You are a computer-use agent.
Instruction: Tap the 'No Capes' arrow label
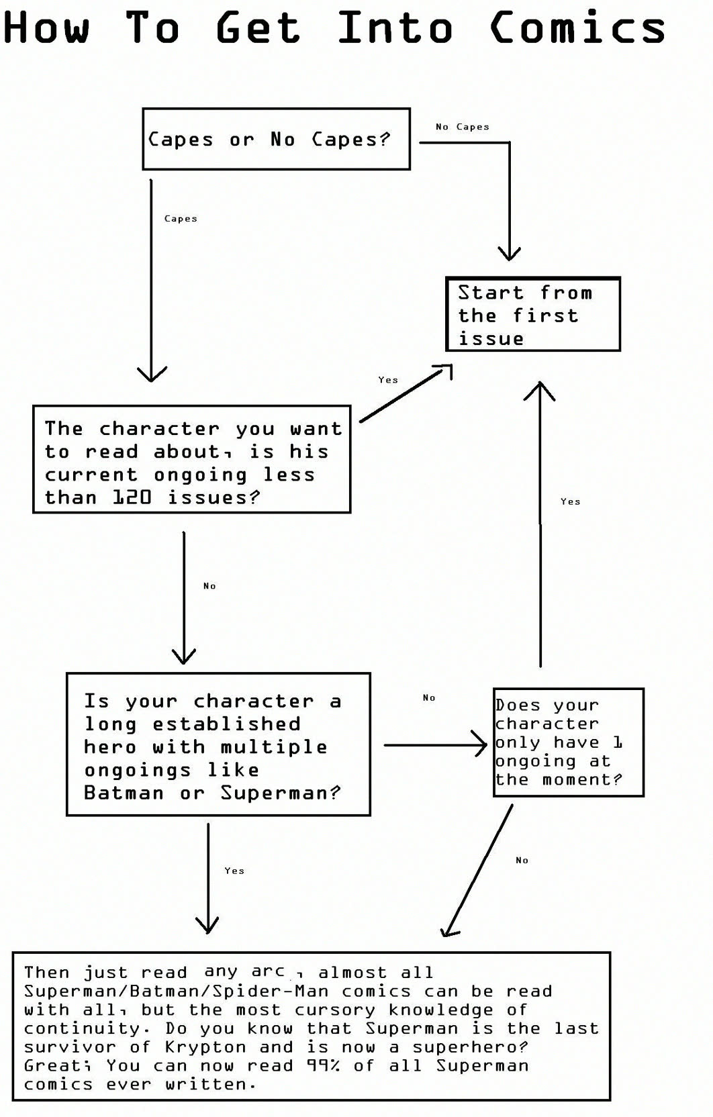click(x=462, y=127)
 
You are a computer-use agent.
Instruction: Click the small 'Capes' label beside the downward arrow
click(x=181, y=218)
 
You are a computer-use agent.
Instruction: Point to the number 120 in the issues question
click(x=132, y=497)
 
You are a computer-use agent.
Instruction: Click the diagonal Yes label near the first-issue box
click(x=388, y=380)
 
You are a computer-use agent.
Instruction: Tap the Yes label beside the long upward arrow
click(x=571, y=501)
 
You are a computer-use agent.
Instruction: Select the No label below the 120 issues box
click(x=209, y=586)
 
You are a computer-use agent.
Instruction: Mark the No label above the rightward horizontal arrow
click(x=429, y=697)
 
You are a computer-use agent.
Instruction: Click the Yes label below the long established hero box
click(x=234, y=871)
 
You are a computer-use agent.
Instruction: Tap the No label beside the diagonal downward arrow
click(x=522, y=860)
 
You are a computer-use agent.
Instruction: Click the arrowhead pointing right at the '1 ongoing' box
click(x=479, y=744)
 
